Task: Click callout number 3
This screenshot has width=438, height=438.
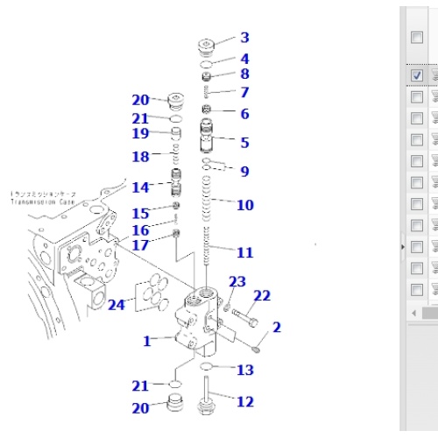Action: (244, 38)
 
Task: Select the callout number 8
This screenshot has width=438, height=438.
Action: (244, 74)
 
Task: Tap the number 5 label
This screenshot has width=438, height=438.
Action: (244, 142)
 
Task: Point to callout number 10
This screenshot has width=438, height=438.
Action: (244, 205)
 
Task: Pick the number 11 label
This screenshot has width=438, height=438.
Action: (244, 252)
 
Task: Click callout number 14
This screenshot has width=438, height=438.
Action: (140, 187)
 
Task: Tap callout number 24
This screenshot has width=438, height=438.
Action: (117, 305)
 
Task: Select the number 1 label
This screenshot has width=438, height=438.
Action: (148, 341)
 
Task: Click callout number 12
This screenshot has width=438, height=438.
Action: (244, 402)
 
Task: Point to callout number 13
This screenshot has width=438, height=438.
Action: (244, 371)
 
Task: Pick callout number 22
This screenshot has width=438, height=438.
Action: (262, 296)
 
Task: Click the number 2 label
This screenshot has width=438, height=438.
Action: (277, 328)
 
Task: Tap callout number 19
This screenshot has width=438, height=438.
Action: (140, 133)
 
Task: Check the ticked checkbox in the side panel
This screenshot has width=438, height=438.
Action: (417, 76)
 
